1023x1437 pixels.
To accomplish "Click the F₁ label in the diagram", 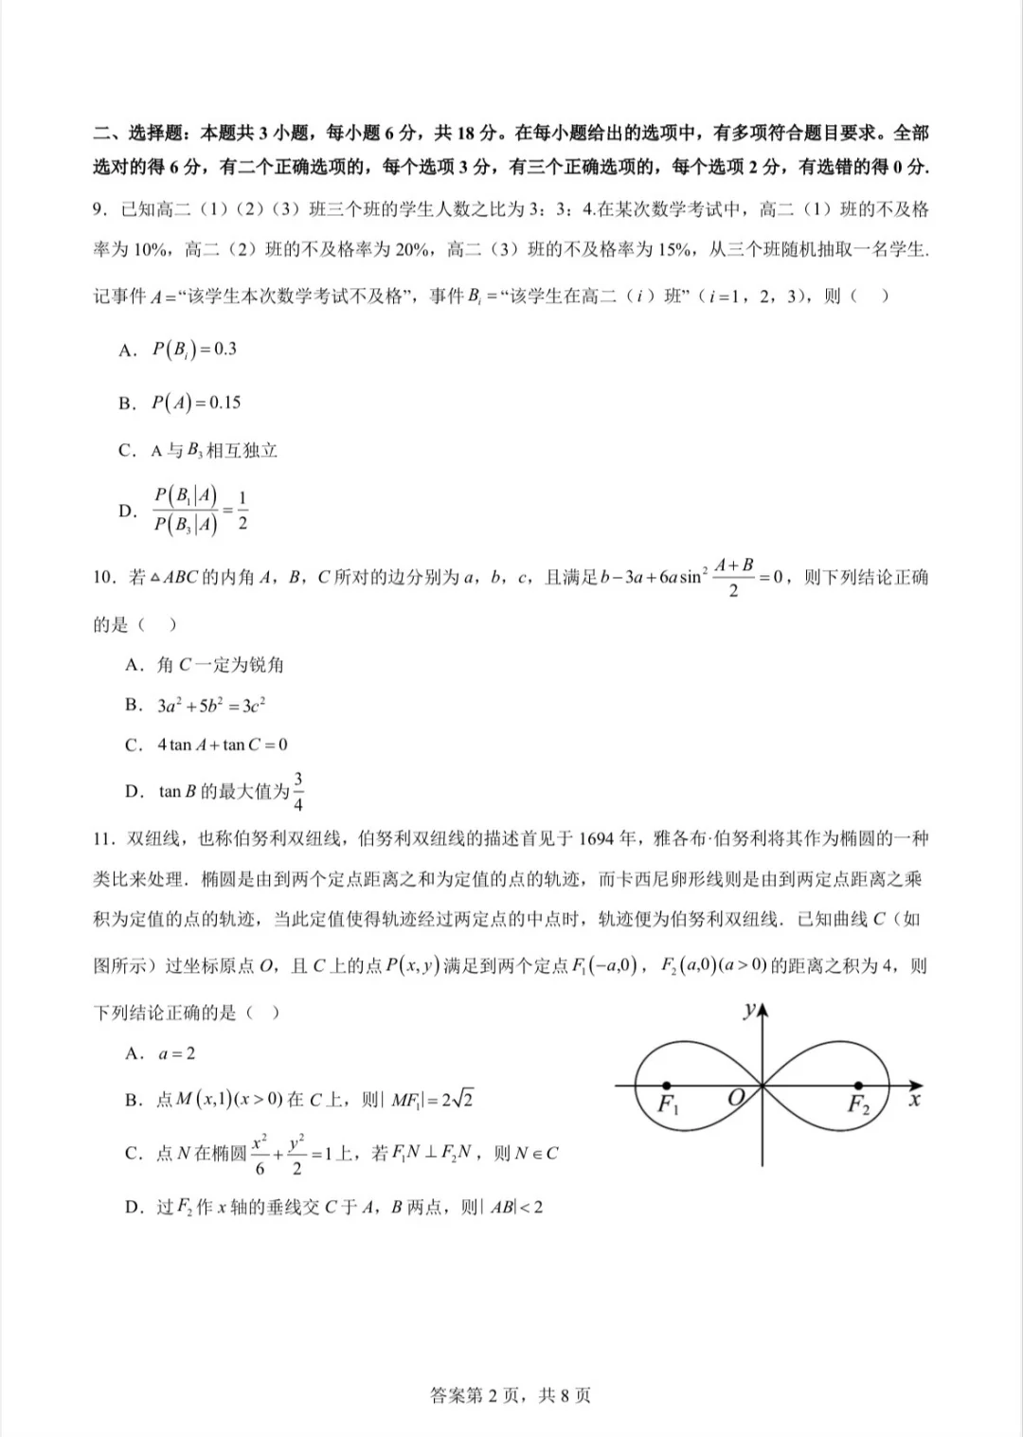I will pos(669,1105).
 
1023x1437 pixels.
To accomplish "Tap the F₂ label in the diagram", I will pos(858,1105).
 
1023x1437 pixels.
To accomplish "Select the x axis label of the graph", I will pos(914,1101).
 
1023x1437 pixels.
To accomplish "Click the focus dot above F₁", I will pos(668,1086).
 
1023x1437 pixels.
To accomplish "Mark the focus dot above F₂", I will pos(858,1086).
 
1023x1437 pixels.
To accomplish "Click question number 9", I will pos(99,209).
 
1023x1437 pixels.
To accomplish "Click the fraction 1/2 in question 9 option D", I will pos(242,510).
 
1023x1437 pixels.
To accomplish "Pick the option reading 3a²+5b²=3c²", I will pos(210,706).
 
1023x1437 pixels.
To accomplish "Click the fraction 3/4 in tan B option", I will pos(298,792).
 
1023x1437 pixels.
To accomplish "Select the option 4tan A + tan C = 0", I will pos(222,745).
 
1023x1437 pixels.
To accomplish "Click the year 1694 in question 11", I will pos(596,839).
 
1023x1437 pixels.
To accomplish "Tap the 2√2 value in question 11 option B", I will pos(457,1100).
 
